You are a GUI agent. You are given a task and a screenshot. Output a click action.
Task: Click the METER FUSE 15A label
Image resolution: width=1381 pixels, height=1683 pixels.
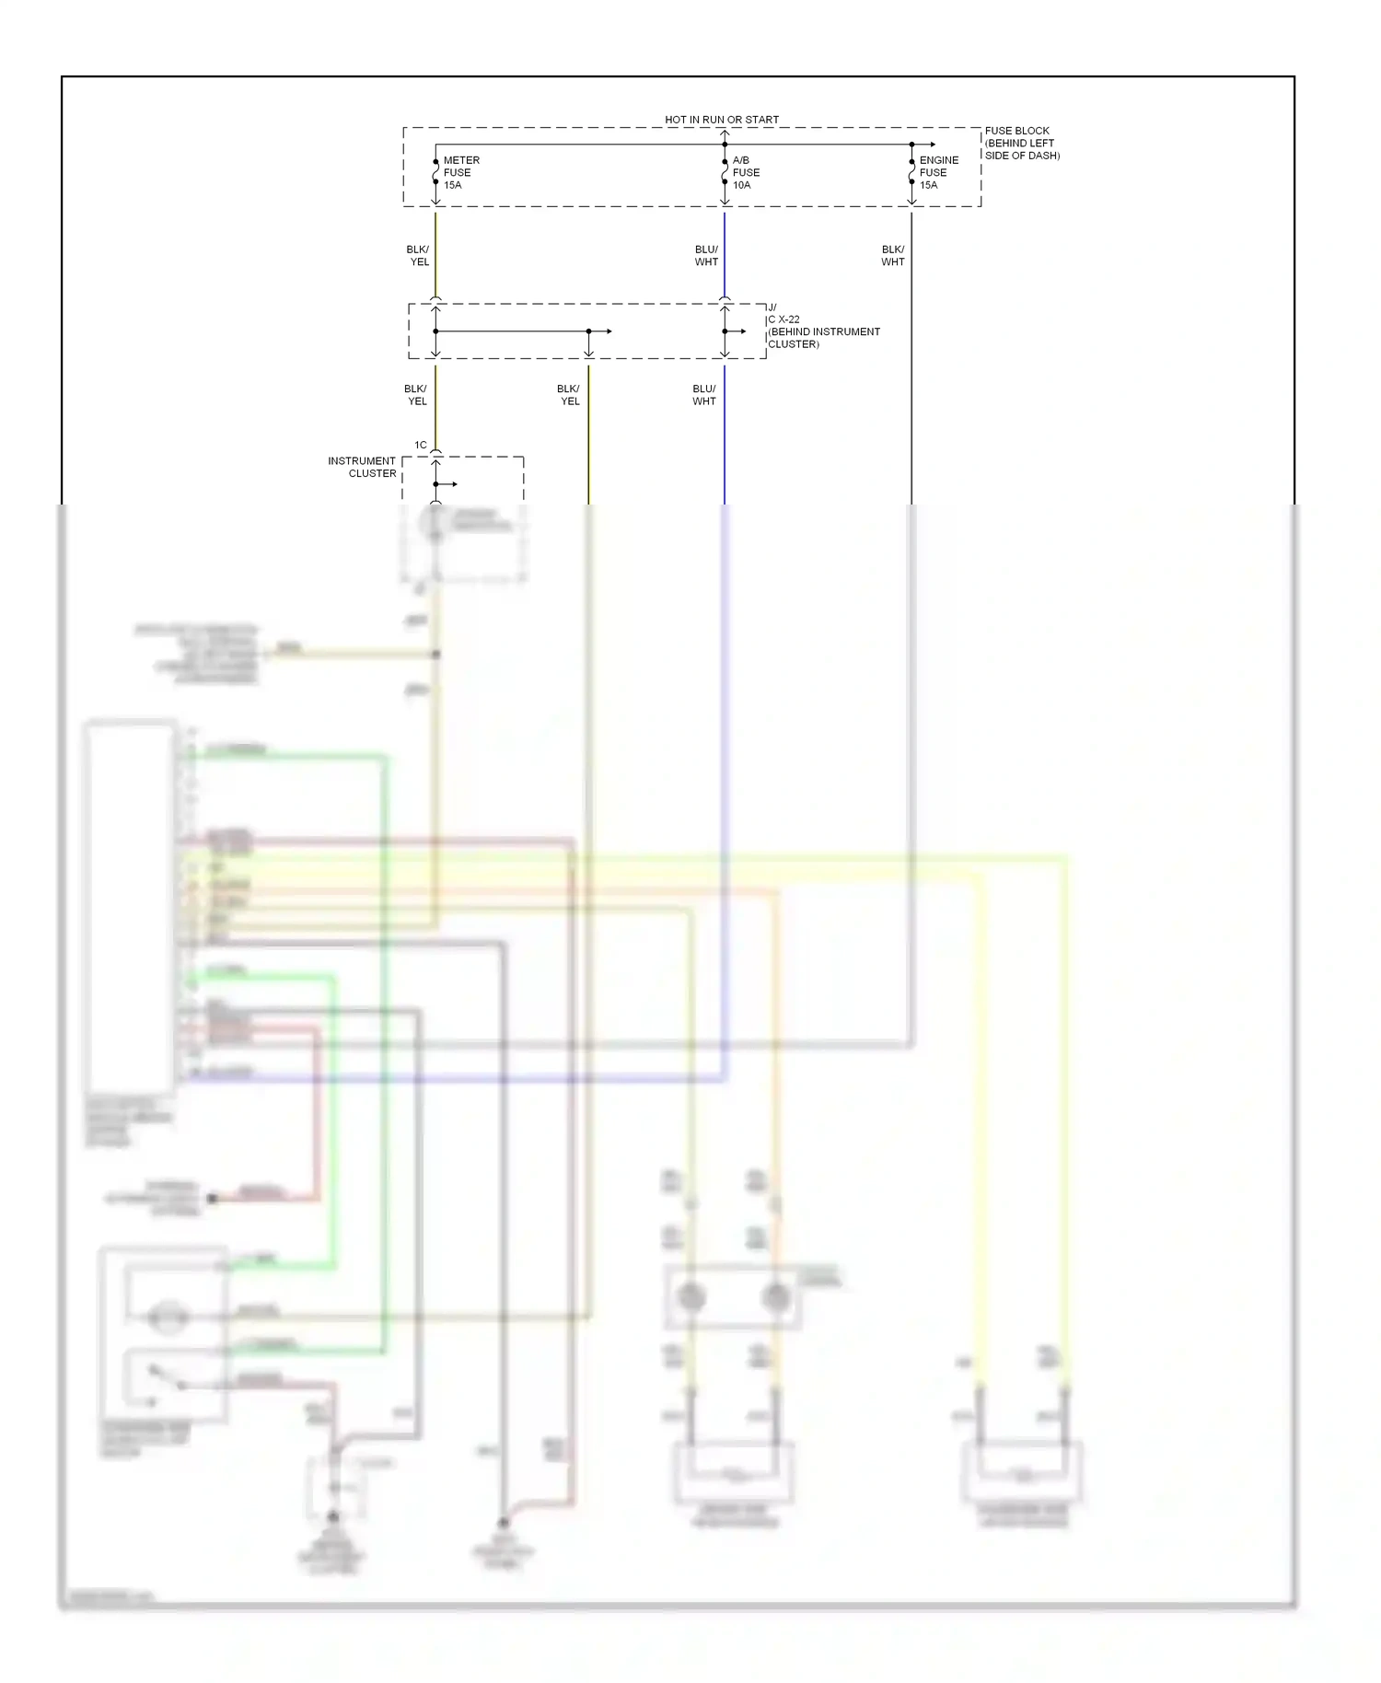(x=459, y=172)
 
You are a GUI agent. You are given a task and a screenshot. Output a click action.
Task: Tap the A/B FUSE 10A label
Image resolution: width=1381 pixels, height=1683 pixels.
(x=745, y=172)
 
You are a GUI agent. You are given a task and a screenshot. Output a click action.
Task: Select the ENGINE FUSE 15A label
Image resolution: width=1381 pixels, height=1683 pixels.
(x=937, y=172)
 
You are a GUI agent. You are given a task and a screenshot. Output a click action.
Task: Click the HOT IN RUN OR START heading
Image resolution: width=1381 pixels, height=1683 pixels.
(x=721, y=120)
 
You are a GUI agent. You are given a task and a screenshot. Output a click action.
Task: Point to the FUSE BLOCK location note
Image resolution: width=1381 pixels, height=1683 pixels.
(x=1021, y=143)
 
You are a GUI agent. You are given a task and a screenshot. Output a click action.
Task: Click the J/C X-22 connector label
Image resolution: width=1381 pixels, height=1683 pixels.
(x=822, y=326)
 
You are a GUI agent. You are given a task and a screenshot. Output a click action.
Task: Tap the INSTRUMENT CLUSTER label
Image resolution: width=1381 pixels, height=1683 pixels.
(x=363, y=467)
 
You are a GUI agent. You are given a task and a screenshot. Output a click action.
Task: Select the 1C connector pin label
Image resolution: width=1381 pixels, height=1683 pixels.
(x=420, y=445)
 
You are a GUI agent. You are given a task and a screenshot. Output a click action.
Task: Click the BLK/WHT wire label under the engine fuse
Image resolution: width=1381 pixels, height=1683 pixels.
(x=892, y=255)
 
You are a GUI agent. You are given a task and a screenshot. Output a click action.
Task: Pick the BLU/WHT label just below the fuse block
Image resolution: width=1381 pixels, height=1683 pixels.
(x=706, y=255)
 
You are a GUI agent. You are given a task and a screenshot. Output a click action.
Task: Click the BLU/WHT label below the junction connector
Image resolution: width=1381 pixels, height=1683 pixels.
(x=703, y=394)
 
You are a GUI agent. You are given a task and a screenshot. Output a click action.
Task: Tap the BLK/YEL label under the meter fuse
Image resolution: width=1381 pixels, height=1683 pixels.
(x=418, y=255)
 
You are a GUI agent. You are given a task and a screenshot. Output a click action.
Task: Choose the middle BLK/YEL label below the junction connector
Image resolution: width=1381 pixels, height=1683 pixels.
(x=569, y=394)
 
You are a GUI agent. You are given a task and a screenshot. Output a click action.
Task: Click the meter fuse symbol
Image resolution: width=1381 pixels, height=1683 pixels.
(x=435, y=172)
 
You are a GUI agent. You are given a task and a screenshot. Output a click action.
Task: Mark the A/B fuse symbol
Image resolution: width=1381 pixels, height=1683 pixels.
(x=725, y=172)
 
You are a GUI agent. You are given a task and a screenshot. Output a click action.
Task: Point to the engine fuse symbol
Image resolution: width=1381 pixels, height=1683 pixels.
(x=911, y=172)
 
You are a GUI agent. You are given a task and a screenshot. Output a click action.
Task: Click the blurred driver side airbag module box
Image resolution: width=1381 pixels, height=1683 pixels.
(x=734, y=1471)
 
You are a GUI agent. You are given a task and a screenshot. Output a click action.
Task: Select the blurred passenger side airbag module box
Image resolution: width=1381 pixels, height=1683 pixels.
(x=1022, y=1471)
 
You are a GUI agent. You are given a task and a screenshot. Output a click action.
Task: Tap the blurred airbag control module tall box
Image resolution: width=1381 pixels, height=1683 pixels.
(x=130, y=907)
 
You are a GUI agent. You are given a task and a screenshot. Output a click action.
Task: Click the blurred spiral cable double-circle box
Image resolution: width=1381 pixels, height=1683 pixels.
(x=733, y=1296)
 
